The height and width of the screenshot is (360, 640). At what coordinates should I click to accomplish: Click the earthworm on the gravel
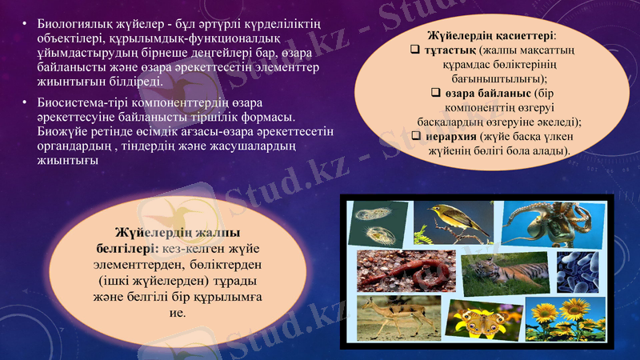click(404, 270)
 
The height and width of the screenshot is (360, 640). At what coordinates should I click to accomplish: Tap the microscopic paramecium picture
click(374, 222)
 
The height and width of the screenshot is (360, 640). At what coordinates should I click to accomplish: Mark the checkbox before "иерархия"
click(417, 137)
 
